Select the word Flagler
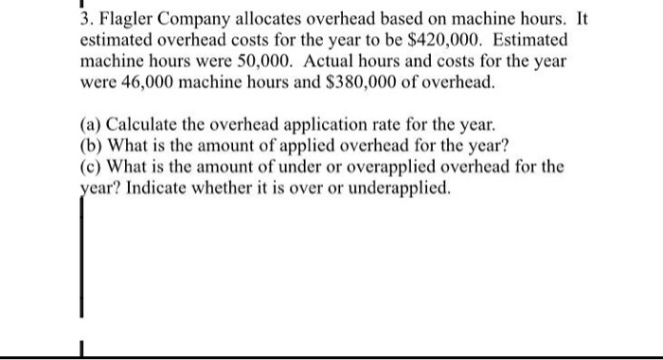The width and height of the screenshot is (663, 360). [126, 19]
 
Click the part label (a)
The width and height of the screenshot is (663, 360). [93, 126]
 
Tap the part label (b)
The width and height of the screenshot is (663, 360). [93, 147]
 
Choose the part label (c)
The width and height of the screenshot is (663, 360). [93, 168]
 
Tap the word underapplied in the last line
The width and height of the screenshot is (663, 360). [401, 189]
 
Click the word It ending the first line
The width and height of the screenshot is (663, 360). [580, 19]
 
